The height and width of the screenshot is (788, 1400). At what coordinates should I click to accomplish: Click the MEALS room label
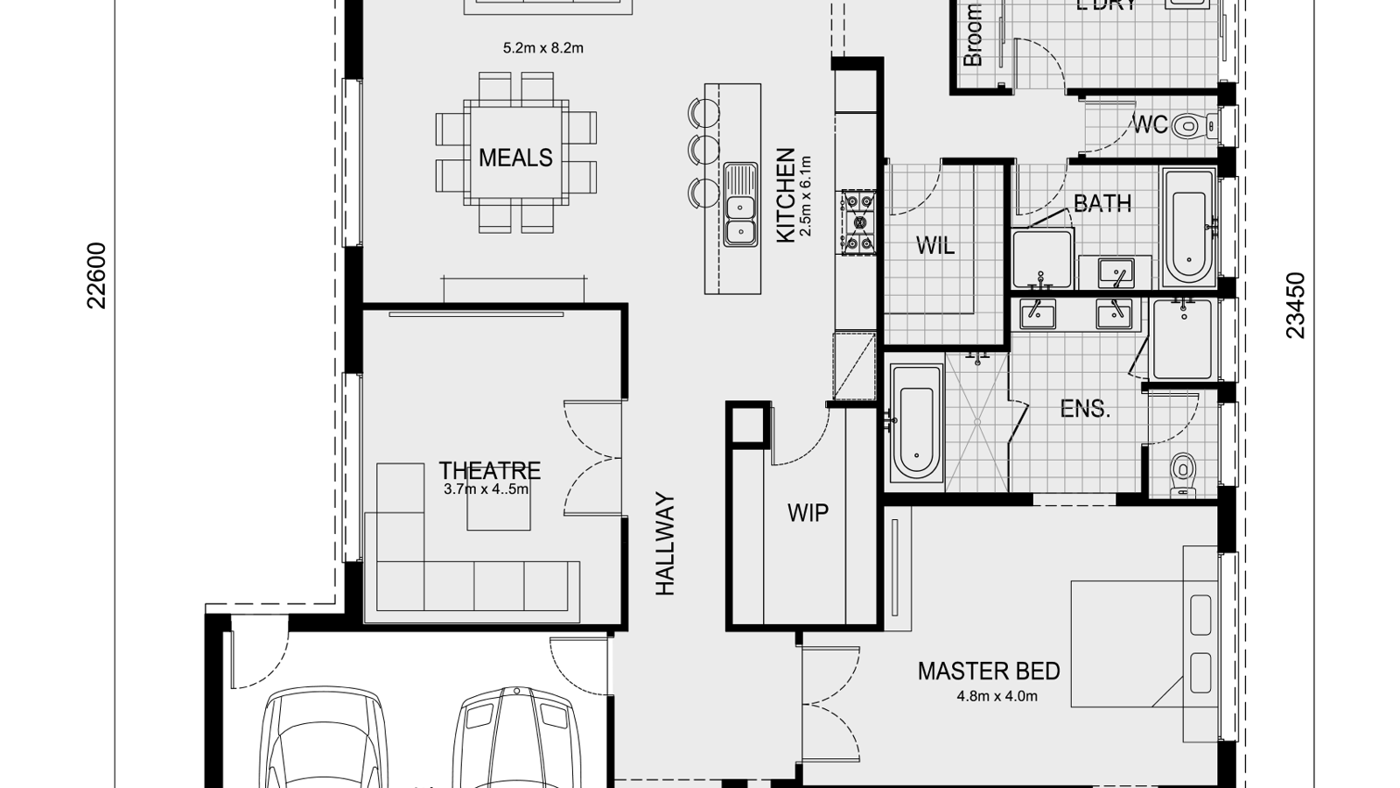[515, 158]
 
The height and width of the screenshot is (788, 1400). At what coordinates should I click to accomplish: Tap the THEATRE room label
[489, 470]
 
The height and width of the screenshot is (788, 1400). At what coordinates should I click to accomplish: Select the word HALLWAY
[666, 545]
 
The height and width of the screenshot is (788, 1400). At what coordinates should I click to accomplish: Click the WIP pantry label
[808, 513]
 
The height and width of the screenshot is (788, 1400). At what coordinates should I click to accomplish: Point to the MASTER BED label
[989, 672]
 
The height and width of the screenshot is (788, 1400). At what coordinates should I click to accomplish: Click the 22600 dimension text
[96, 276]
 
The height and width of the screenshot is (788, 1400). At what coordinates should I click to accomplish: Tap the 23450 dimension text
[1296, 306]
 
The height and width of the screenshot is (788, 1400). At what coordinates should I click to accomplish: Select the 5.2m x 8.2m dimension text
[542, 48]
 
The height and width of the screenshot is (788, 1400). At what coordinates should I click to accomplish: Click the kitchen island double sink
[740, 204]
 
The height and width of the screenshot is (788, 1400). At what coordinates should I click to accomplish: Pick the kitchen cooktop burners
[857, 223]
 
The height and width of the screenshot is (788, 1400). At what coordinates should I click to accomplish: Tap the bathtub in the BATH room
[1187, 228]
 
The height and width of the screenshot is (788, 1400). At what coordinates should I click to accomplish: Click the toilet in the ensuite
[1182, 475]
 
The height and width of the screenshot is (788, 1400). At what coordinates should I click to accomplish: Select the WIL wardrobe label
[934, 246]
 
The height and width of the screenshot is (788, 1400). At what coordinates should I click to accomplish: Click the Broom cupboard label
[973, 35]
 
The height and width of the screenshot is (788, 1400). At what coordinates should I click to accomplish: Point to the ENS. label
[1085, 409]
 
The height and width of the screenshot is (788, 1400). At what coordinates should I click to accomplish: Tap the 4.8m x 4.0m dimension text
[997, 697]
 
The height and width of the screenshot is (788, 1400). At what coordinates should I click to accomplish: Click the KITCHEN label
[785, 195]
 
